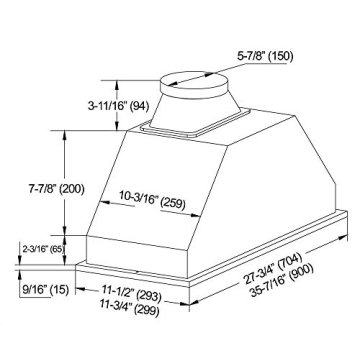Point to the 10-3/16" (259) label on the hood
coord(149,198)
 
